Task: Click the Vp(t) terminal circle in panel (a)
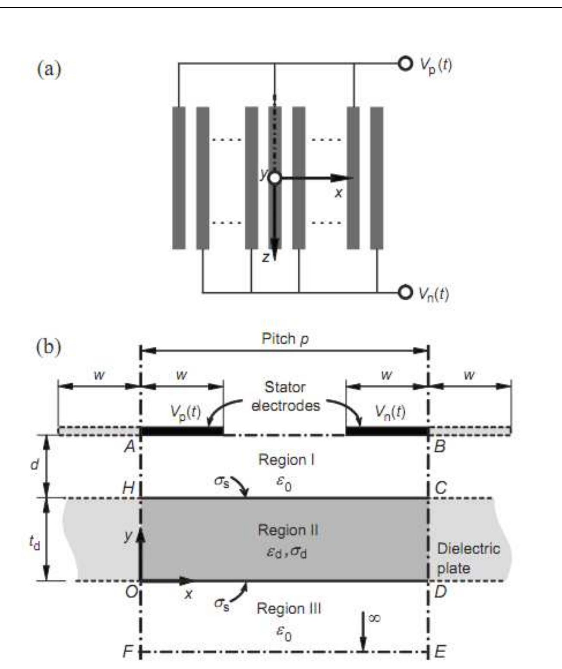click(x=405, y=64)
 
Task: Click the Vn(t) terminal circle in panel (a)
click(x=405, y=292)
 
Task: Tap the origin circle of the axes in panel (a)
click(x=275, y=178)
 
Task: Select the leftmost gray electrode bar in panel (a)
click(x=179, y=178)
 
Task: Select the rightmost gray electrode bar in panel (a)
click(x=377, y=178)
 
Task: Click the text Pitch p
click(x=285, y=339)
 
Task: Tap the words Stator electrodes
click(x=285, y=396)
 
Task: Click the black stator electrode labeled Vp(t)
click(x=182, y=431)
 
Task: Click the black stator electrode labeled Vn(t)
click(x=387, y=431)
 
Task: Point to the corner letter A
click(x=129, y=447)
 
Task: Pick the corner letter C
click(x=440, y=488)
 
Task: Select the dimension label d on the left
click(x=35, y=465)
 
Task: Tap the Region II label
click(x=288, y=530)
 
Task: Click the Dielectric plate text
click(x=468, y=558)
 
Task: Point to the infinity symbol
click(x=374, y=619)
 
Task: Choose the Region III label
click(x=289, y=609)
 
